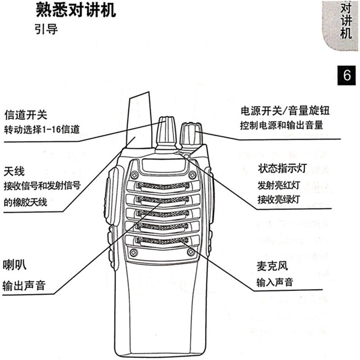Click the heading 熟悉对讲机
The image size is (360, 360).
click(75, 11)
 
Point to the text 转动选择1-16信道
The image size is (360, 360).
click(42, 130)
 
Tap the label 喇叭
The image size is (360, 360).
click(14, 264)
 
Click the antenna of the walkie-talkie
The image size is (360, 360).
click(139, 121)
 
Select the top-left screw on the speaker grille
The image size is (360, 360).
click(134, 175)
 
